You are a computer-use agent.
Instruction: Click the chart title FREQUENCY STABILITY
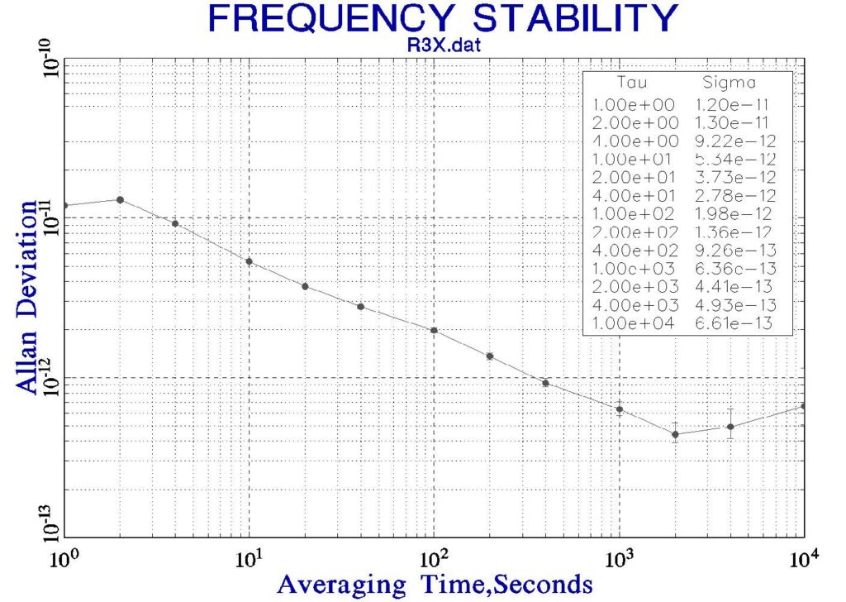[444, 17]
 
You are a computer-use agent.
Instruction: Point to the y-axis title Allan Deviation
[29, 297]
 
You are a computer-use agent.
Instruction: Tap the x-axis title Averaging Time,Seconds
[435, 584]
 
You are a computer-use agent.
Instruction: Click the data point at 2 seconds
[121, 199]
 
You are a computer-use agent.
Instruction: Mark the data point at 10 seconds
[249, 261]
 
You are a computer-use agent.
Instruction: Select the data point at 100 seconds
[434, 331]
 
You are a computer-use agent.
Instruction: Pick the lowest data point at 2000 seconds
[675, 434]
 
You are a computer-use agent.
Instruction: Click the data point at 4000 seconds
[730, 427]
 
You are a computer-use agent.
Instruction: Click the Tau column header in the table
[633, 83]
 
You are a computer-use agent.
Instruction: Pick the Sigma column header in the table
[728, 83]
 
